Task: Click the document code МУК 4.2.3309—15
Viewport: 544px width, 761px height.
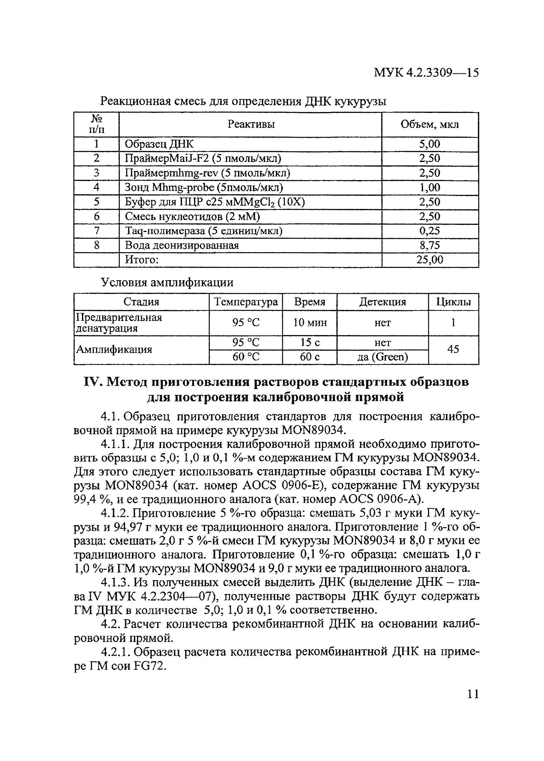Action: coord(426,73)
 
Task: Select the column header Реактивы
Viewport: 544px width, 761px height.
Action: coord(251,125)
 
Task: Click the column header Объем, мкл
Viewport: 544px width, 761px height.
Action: coord(430,125)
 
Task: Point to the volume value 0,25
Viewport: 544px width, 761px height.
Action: coord(430,231)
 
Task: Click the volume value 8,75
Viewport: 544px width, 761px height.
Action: coord(430,245)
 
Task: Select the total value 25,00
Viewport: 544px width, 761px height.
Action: coord(430,260)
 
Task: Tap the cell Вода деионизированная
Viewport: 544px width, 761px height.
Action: coord(181,245)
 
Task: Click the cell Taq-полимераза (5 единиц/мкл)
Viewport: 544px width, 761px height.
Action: coord(204,231)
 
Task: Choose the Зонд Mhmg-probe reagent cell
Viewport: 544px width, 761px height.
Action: coord(204,187)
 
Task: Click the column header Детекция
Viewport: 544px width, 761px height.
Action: coord(383,302)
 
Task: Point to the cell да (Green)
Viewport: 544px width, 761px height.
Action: coord(383,357)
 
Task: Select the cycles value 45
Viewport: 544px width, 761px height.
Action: coord(453,350)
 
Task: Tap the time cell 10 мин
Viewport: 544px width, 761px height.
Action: coord(310,323)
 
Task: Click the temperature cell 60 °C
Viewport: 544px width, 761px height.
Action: coord(246,357)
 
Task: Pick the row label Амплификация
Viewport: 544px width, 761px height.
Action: coord(114,350)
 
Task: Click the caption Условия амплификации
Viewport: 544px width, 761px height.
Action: coord(167,283)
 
